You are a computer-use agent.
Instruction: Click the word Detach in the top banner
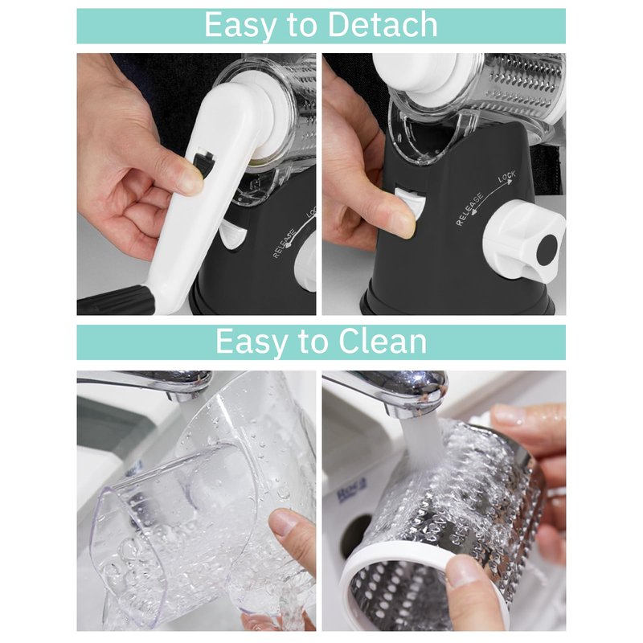tap(383, 25)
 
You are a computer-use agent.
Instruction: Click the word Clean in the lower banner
tap(383, 342)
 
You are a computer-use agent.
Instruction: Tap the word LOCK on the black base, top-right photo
tap(507, 177)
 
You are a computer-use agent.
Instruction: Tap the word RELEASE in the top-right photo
tap(470, 209)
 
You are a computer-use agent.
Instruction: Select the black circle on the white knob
tap(547, 249)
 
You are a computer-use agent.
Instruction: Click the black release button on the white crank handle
tap(204, 162)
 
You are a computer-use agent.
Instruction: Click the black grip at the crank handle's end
tap(116, 301)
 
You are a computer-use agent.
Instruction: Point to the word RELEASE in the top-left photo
tap(285, 244)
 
